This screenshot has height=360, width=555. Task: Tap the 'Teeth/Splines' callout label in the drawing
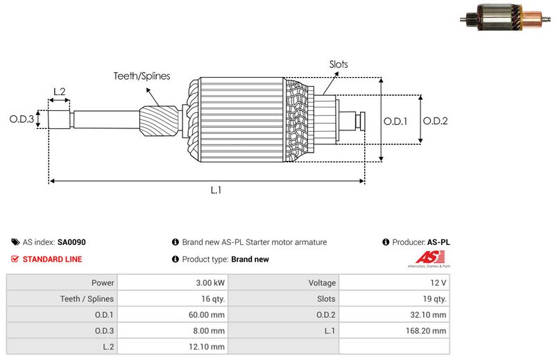(x=142, y=76)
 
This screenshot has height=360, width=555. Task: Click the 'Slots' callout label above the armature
(x=339, y=65)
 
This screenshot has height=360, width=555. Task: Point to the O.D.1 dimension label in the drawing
(x=395, y=121)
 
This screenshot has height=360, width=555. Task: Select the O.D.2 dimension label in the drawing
(x=435, y=121)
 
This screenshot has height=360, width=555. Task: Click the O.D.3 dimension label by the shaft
(x=22, y=119)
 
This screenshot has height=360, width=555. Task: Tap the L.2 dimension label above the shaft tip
(x=59, y=92)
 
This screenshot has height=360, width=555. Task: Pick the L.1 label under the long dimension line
(x=216, y=190)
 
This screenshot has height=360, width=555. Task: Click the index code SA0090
(x=71, y=243)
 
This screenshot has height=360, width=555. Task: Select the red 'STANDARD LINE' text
(x=52, y=259)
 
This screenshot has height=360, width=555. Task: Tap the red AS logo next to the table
(x=427, y=260)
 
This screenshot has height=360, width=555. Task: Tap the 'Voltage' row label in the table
(x=322, y=283)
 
